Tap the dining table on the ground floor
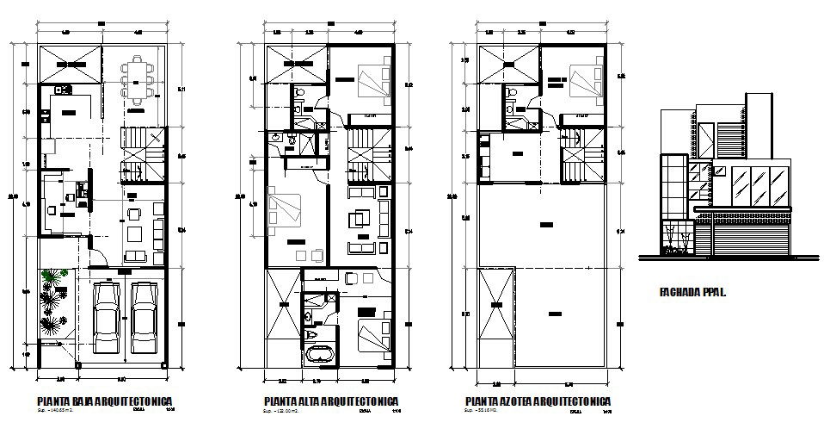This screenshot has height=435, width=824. (138, 77)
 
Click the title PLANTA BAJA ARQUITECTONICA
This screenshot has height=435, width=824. (106, 401)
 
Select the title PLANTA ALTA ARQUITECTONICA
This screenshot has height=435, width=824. (330, 401)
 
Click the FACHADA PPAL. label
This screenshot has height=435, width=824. (692, 292)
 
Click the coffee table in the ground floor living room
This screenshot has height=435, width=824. (133, 233)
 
